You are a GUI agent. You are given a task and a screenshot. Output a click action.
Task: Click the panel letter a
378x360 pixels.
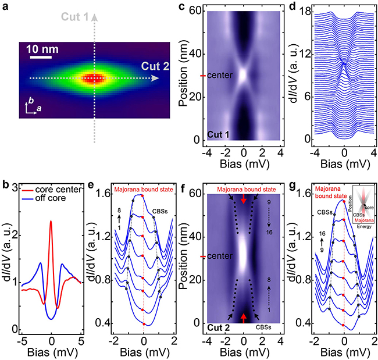(x=7, y=6)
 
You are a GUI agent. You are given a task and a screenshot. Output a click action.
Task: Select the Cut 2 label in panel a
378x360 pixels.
(x=154, y=67)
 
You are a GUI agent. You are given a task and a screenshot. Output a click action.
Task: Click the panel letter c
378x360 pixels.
(x=198, y=6)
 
